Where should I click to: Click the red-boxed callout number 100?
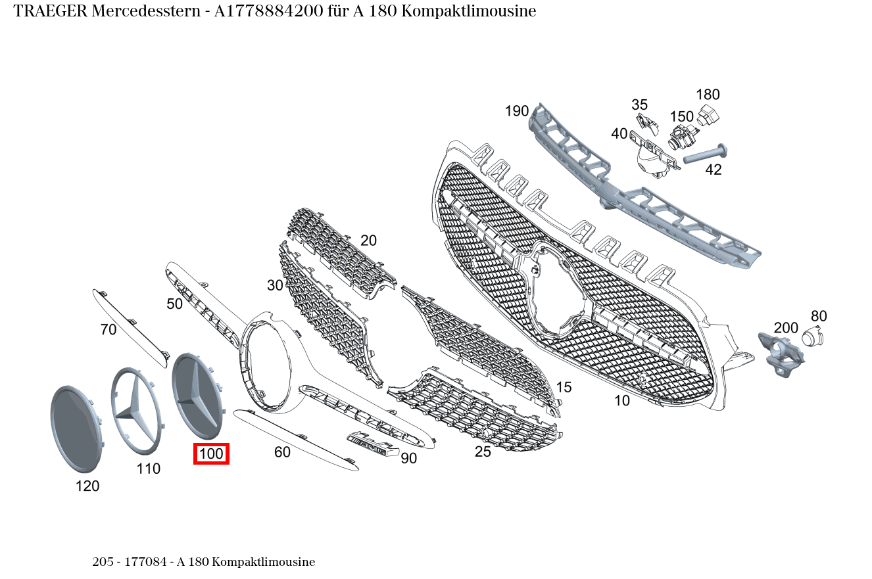click(x=211, y=453)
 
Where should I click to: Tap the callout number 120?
click(x=87, y=486)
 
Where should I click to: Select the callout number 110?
click(x=149, y=469)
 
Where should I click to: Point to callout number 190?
click(x=517, y=111)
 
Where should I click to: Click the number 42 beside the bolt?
click(x=713, y=170)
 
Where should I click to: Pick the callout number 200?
click(x=786, y=328)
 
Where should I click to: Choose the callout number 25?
click(x=483, y=452)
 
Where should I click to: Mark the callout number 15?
click(x=564, y=387)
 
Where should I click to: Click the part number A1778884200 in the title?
click(x=268, y=11)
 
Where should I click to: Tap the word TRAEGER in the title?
click(x=51, y=11)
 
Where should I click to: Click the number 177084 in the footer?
click(x=145, y=562)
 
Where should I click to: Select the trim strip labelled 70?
click(x=130, y=328)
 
